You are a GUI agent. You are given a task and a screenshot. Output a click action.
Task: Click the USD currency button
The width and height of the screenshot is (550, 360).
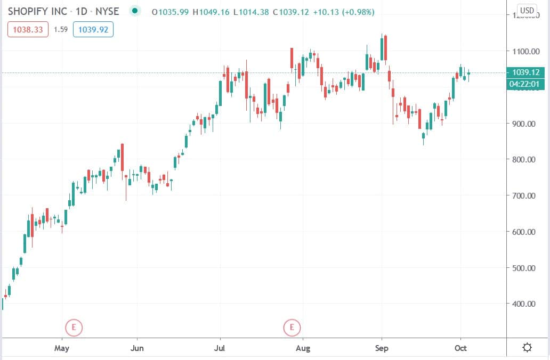pos(527,11)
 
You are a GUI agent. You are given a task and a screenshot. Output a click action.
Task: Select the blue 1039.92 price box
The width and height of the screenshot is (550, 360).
pos(93,30)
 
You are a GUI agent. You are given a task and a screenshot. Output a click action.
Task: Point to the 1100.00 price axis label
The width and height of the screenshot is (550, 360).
pos(523,52)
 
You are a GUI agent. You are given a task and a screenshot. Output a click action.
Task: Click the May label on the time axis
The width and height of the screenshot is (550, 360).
pos(62,349)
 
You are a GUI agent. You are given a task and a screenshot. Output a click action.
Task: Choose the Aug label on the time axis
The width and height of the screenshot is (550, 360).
pos(303,349)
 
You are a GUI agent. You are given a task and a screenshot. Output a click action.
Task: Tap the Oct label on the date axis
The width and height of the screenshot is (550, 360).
pos(460,349)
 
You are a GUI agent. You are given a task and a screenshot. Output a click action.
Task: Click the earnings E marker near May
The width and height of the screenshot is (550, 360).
pos(74,327)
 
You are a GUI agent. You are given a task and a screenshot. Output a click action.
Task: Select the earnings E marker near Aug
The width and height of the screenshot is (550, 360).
pos(292,327)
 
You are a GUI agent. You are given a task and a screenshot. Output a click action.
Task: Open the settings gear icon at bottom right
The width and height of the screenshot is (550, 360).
pos(527,348)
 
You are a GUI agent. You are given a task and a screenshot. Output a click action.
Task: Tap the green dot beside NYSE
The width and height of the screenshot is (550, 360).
pos(135,11)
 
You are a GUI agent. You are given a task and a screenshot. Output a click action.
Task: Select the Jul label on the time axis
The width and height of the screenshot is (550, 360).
pos(219,349)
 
